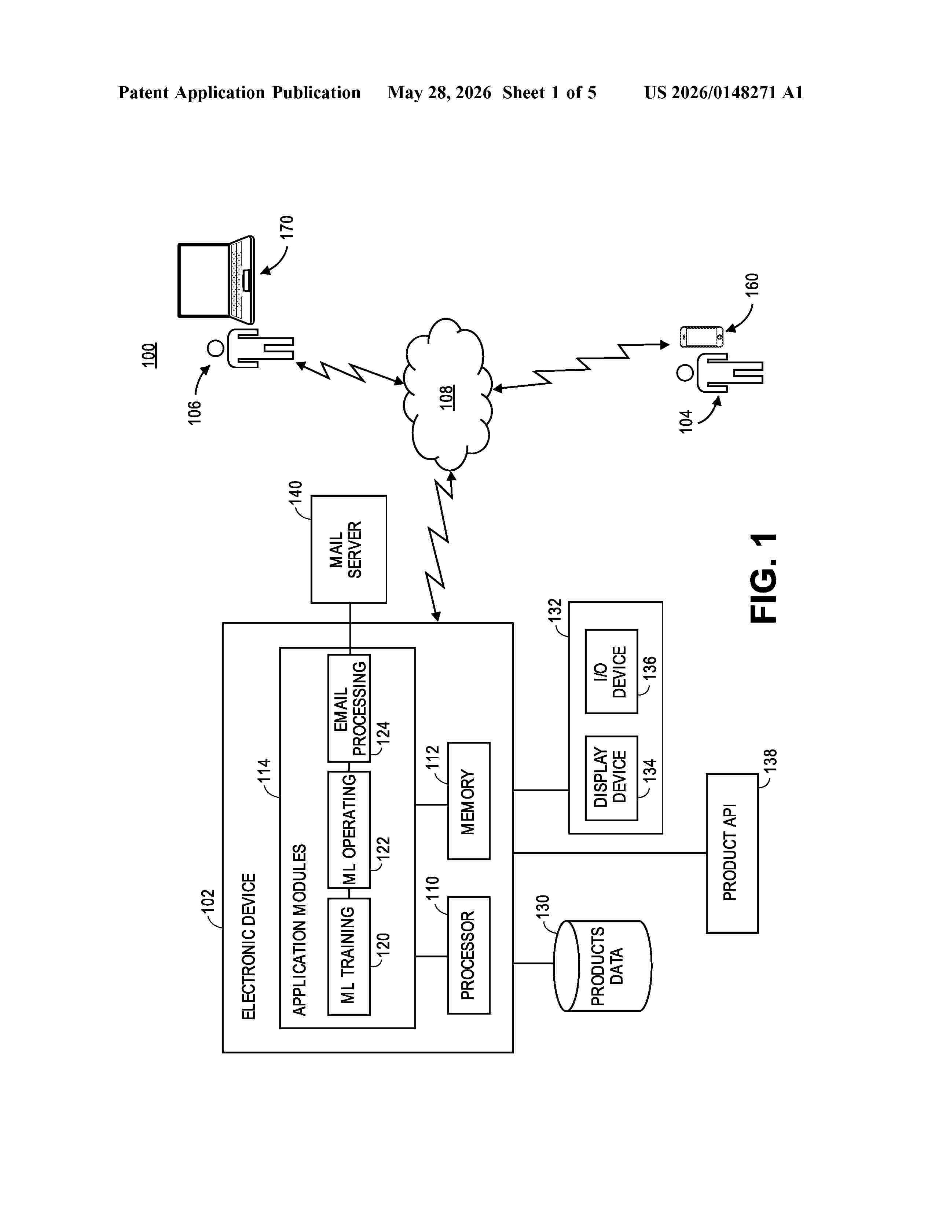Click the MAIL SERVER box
click(x=348, y=549)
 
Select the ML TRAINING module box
click(x=349, y=956)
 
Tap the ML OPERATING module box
click(x=349, y=829)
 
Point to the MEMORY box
click(x=469, y=800)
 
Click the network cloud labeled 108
click(x=448, y=395)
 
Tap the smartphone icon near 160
click(x=702, y=337)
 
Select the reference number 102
click(x=207, y=901)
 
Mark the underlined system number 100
click(x=148, y=355)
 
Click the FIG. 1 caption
click(x=764, y=578)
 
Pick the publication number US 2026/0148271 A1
click(x=723, y=92)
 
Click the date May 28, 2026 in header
click(x=439, y=92)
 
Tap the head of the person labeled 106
click(x=216, y=348)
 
